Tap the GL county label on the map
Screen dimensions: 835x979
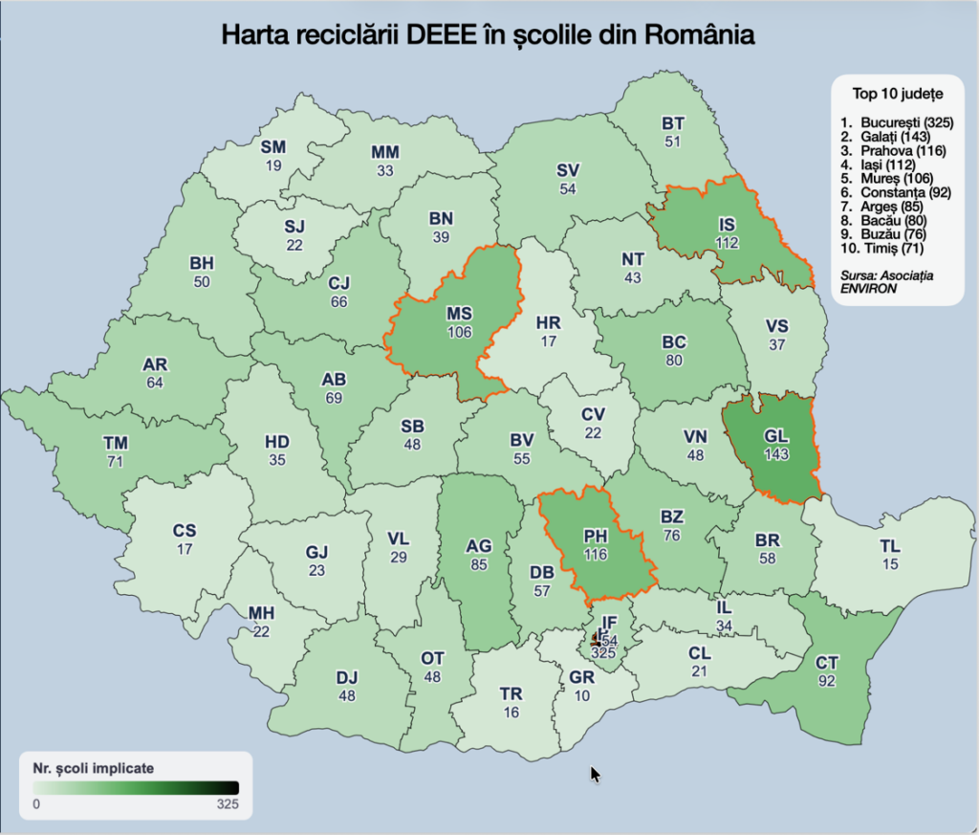776,435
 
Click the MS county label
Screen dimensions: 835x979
459,314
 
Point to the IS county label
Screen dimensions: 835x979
728,226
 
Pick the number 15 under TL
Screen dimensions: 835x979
890,565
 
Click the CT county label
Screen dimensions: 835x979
826,662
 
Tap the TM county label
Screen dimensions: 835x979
116,444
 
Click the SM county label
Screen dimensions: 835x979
273,147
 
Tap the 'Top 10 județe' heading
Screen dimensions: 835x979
898,95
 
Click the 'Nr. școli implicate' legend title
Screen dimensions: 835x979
94,767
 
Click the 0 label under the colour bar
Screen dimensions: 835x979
35,804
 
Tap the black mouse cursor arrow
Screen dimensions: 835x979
595,774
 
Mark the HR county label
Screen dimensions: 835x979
549,322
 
